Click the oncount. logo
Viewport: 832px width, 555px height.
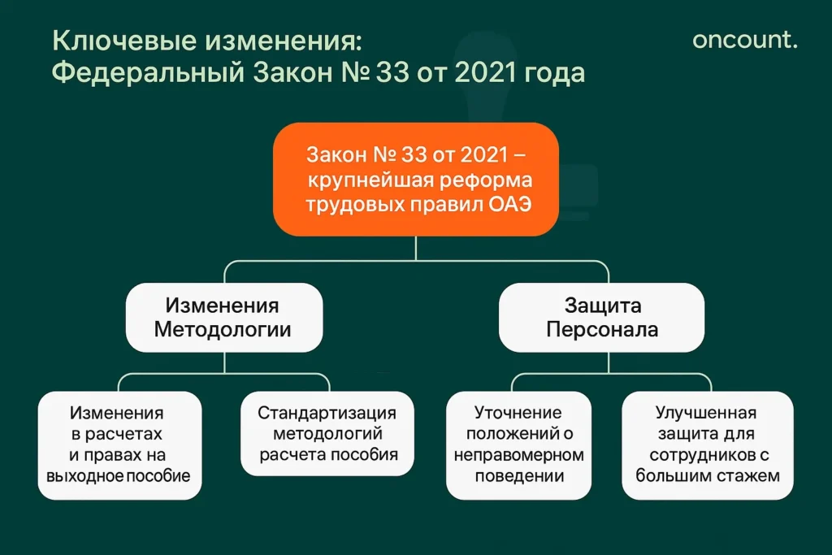[x=744, y=39]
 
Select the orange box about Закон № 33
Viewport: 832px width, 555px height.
[x=415, y=179]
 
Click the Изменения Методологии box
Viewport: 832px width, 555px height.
[x=223, y=318]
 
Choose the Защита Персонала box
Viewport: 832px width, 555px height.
[x=601, y=318]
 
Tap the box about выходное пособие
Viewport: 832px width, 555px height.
[x=119, y=444]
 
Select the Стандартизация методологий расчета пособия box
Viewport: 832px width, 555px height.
[x=328, y=434]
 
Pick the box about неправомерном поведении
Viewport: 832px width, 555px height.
[x=518, y=444]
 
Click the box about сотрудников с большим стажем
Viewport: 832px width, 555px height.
[x=707, y=444]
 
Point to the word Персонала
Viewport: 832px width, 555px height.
[x=601, y=330]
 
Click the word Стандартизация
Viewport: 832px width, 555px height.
[x=328, y=413]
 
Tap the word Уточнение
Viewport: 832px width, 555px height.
[x=518, y=413]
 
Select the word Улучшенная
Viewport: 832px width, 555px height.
[x=707, y=413]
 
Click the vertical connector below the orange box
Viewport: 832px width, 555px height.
[x=415, y=248]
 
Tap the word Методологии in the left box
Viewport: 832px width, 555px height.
[x=223, y=330]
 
